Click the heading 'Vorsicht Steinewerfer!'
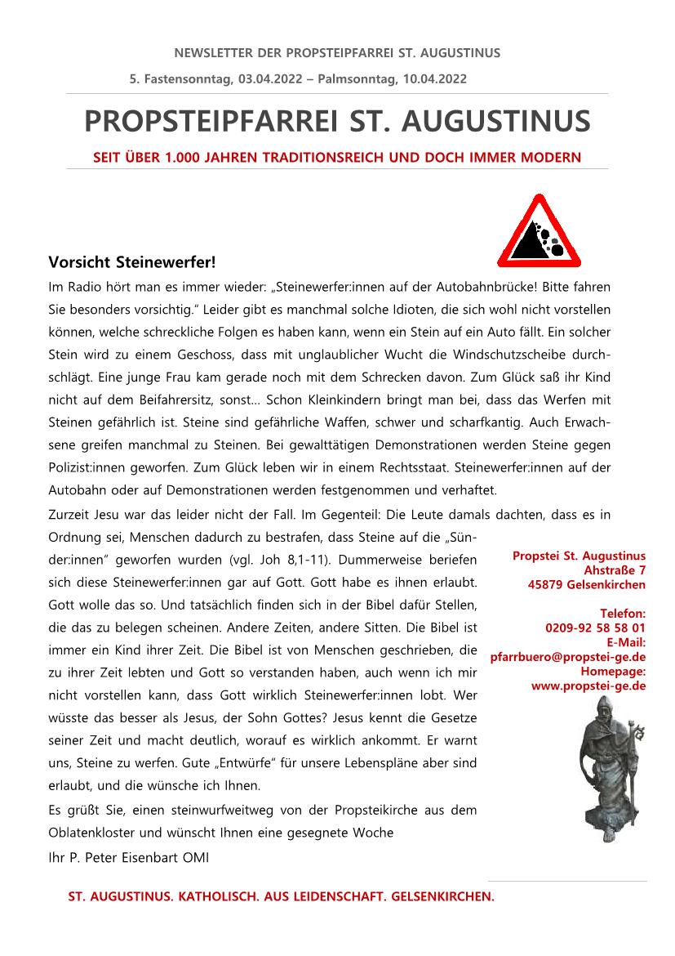(x=132, y=262)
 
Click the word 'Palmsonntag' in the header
(x=361, y=78)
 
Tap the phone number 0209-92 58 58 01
(x=595, y=628)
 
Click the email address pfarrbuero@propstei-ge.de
(x=568, y=656)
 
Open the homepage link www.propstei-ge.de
(x=588, y=686)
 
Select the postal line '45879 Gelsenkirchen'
(x=587, y=584)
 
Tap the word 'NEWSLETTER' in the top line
(x=214, y=53)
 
